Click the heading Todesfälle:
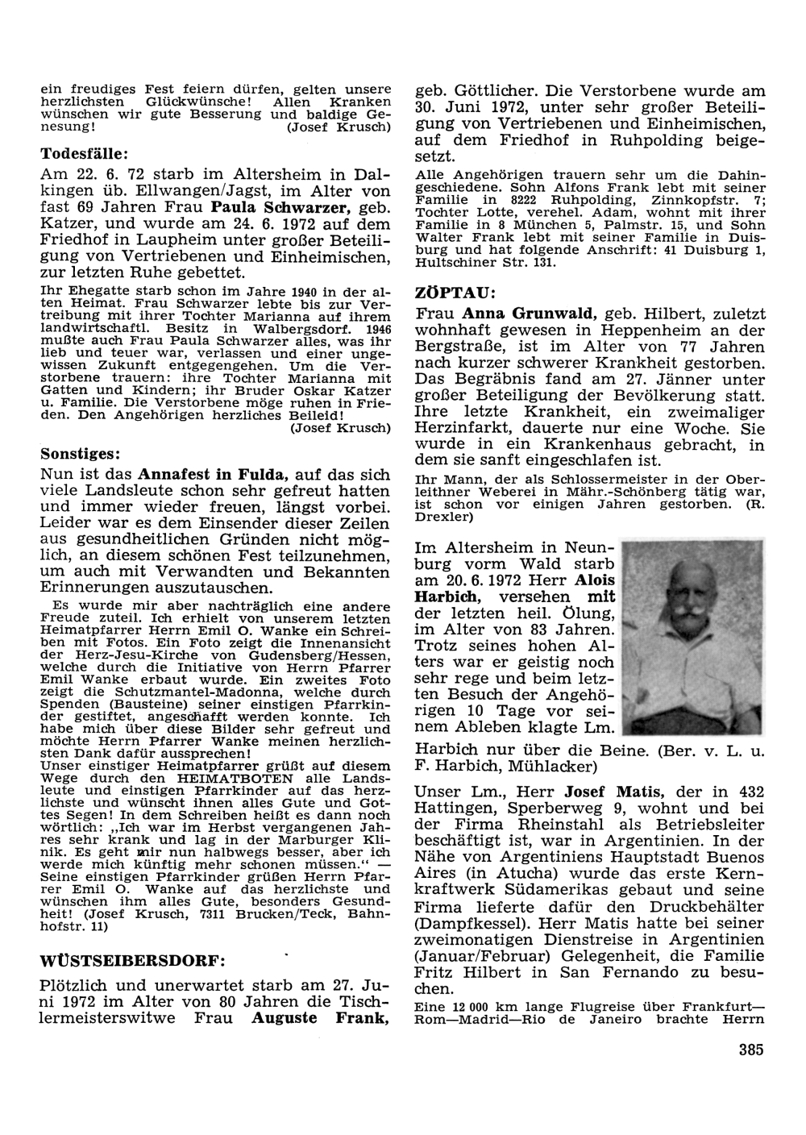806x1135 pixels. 85,152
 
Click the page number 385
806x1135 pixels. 750,1049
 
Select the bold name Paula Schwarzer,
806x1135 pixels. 276,207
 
